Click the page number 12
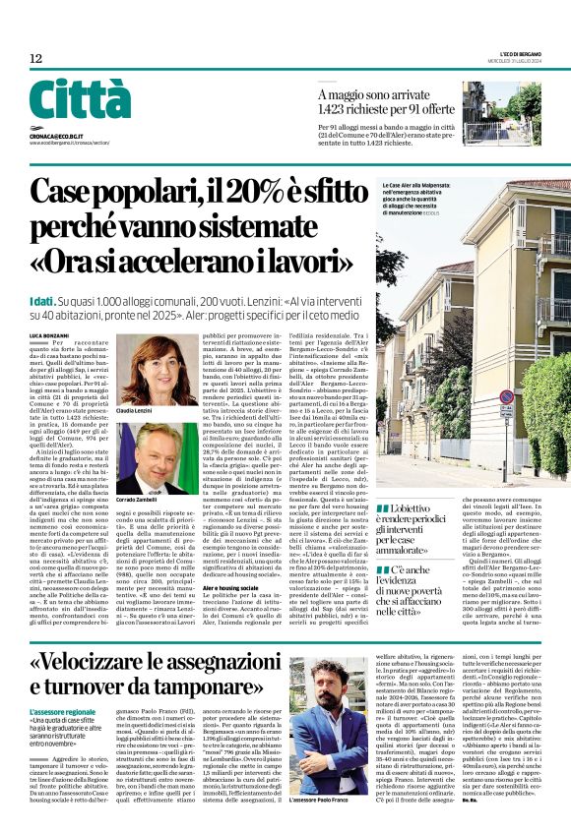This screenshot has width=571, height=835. [35, 59]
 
